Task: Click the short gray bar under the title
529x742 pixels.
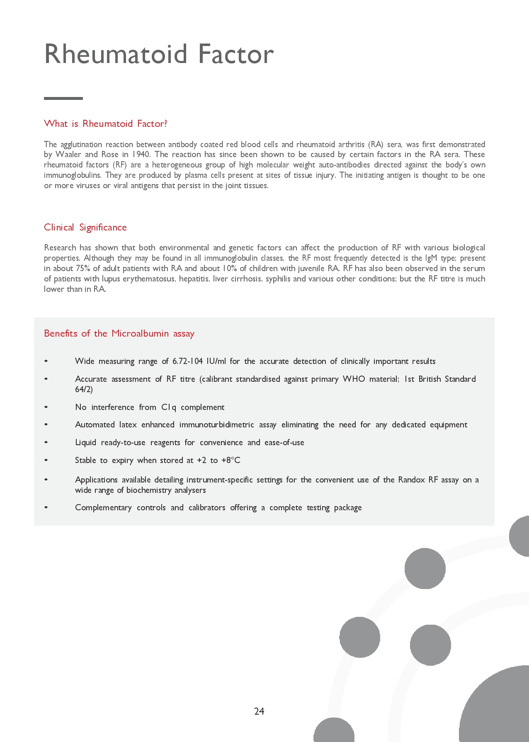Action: click(x=63, y=98)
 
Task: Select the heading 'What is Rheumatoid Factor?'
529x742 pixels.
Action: click(x=105, y=124)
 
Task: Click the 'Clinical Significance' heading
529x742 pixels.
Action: click(x=85, y=227)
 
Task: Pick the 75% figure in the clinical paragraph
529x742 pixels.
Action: click(x=83, y=268)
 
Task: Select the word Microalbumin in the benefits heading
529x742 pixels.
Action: click(x=140, y=334)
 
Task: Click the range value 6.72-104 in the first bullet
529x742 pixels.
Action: click(x=187, y=361)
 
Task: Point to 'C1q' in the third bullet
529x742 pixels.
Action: click(x=169, y=407)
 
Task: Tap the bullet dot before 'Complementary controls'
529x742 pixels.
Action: click(x=46, y=507)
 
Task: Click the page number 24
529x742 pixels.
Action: click(x=259, y=711)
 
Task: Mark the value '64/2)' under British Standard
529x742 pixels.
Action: click(x=84, y=389)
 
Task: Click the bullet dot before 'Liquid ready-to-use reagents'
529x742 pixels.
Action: click(x=46, y=442)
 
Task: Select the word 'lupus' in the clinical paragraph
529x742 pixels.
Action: click(x=111, y=279)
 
